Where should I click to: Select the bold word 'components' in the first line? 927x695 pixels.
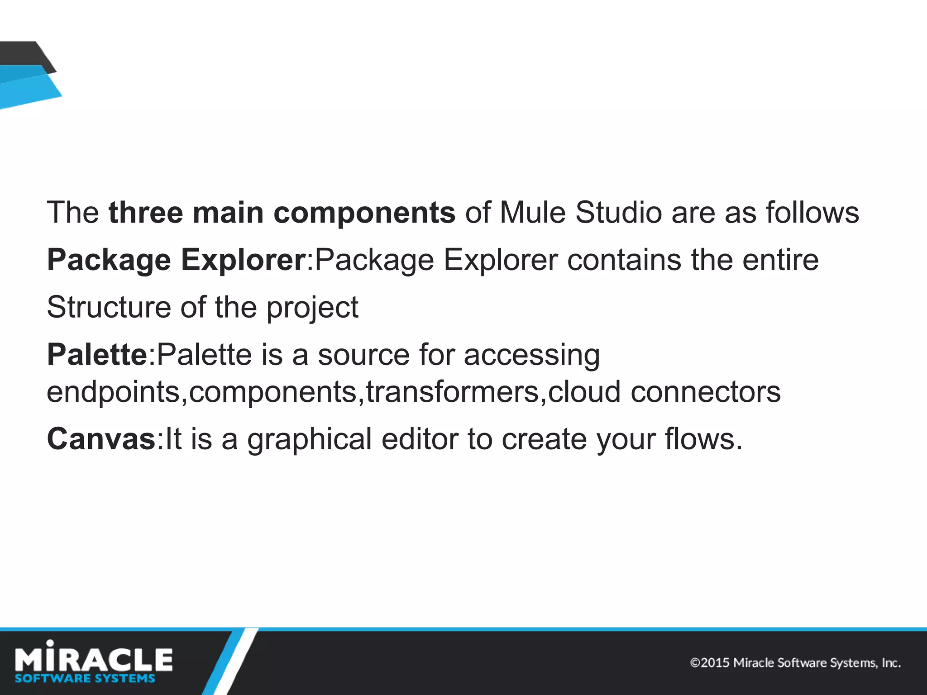point(364,213)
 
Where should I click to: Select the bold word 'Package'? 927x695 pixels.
point(109,260)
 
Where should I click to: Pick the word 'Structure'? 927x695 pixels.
point(109,307)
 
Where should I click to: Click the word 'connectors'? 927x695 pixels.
point(706,391)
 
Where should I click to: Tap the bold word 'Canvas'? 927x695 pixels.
point(101,439)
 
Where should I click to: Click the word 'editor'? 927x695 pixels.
point(420,439)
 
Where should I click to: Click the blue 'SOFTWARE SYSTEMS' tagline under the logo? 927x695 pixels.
point(85,678)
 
